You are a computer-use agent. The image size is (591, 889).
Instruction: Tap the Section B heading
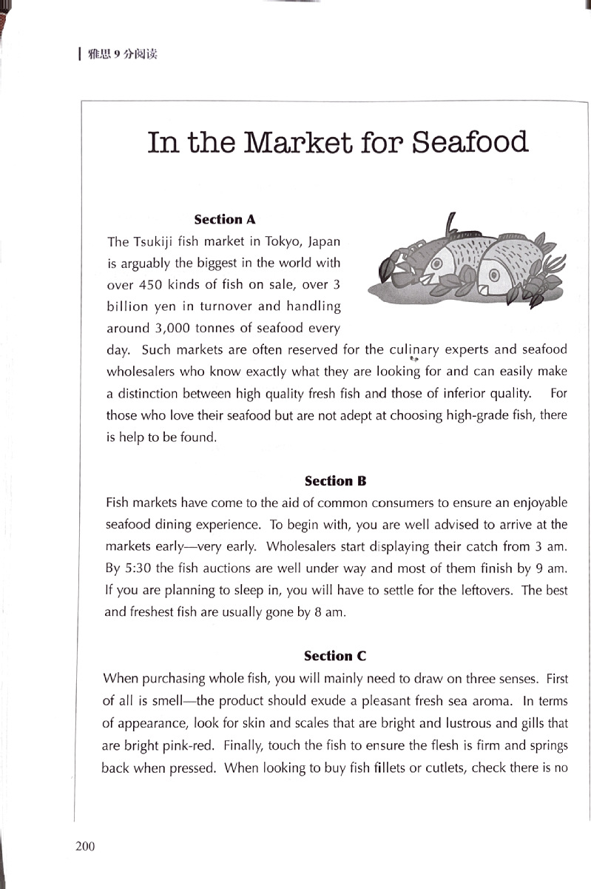pyautogui.click(x=336, y=480)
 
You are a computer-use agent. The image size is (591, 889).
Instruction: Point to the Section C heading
pyautogui.click(x=335, y=656)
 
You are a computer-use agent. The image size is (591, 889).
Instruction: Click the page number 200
pyautogui.click(x=85, y=846)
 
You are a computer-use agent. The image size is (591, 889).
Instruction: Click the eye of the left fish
pyautogui.click(x=437, y=263)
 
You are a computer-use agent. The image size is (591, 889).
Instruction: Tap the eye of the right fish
pyautogui.click(x=494, y=274)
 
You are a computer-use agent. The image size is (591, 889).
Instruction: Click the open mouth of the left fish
pyautogui.click(x=428, y=281)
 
